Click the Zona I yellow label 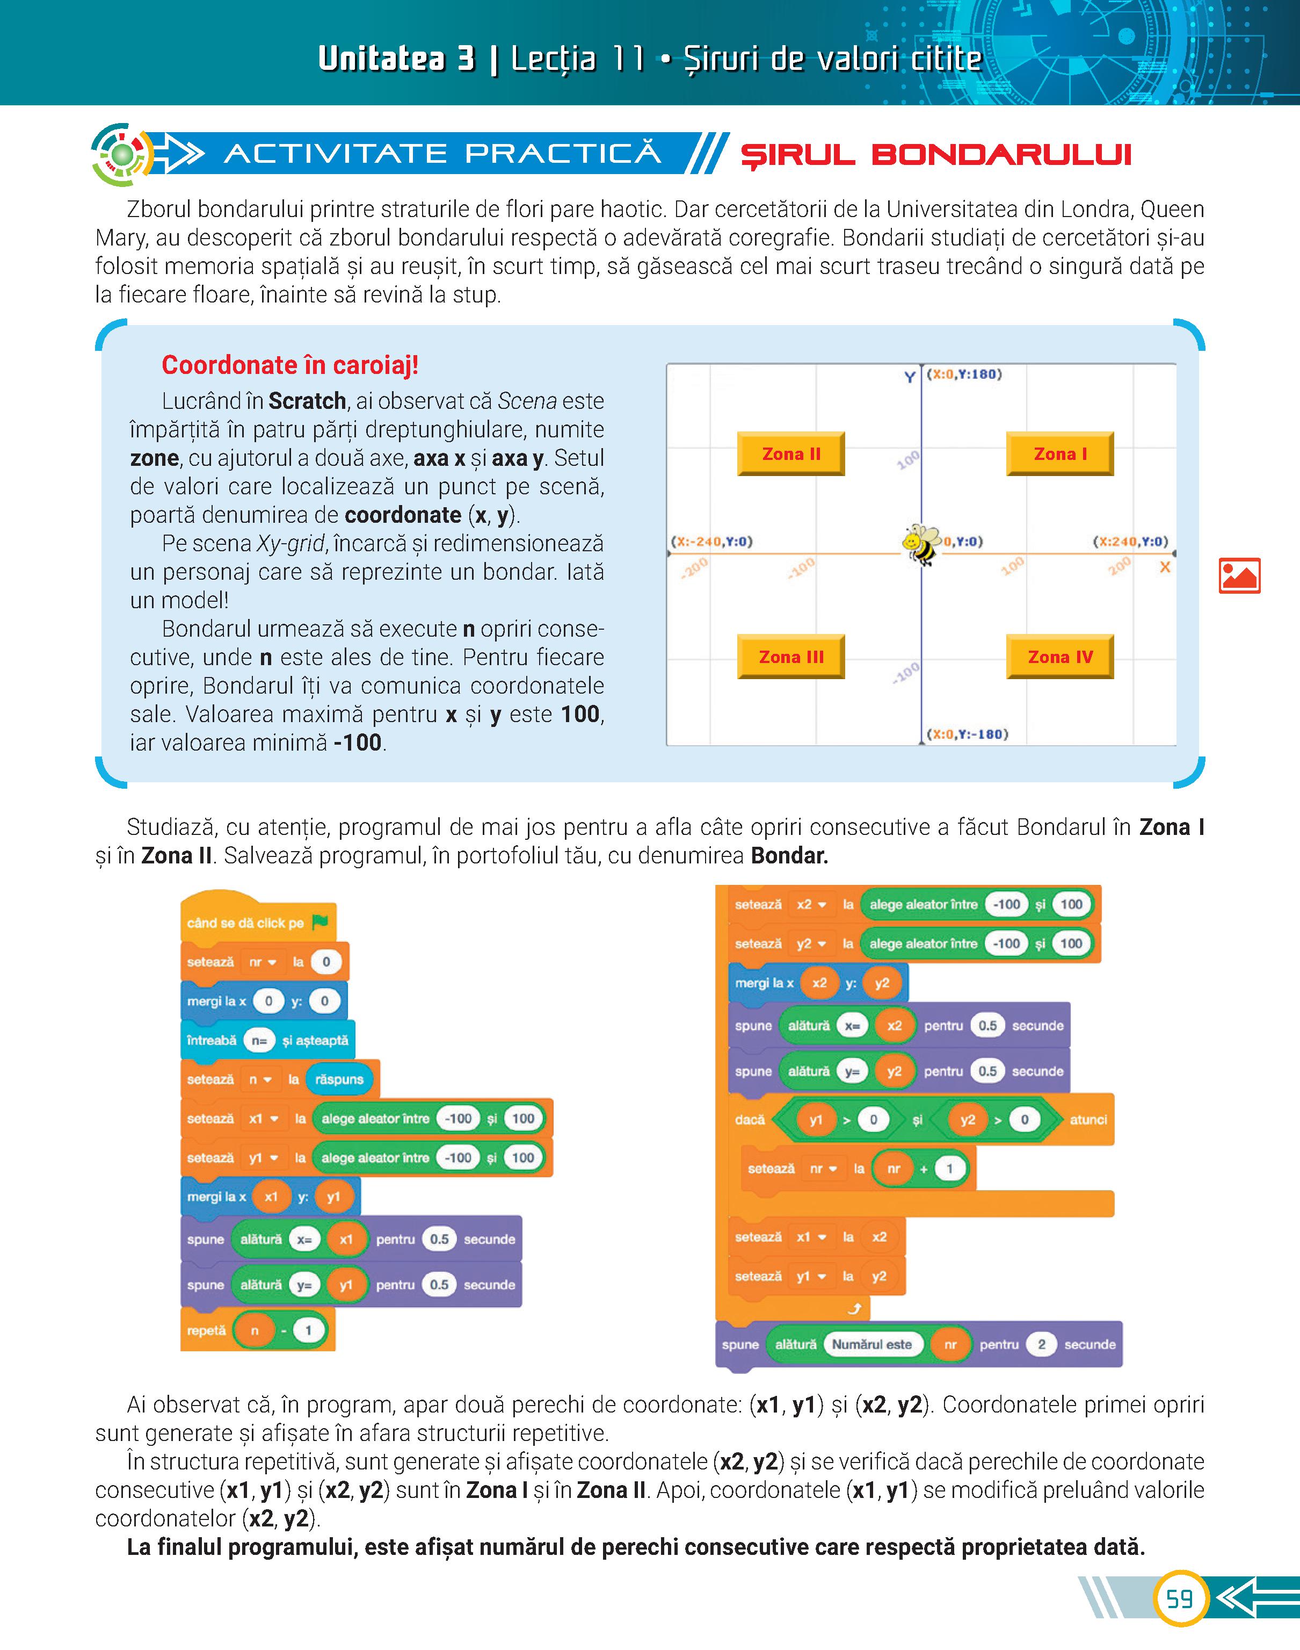(1059, 454)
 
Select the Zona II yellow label (791, 454)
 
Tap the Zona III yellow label (791, 657)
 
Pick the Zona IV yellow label (1059, 657)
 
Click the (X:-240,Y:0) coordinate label (711, 542)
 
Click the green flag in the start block (319, 922)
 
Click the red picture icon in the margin (1239, 575)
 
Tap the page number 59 (1179, 1598)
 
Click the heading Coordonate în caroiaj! (290, 365)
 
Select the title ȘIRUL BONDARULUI (936, 155)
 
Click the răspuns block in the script (339, 1079)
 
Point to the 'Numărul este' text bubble (871, 1344)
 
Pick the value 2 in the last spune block (1041, 1344)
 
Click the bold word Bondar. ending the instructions (789, 856)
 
